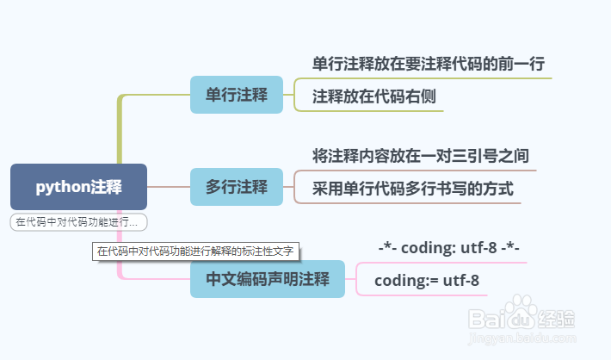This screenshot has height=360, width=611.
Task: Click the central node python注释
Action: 78,186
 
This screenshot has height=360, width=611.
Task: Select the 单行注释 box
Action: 237,95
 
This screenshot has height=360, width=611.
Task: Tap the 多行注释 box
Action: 237,186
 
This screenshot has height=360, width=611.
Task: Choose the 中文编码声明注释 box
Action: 267,279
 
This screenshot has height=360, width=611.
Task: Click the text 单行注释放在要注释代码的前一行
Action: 428,64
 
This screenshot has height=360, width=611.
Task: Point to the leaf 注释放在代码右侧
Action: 373,96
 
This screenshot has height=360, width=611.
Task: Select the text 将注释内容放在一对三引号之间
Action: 420,156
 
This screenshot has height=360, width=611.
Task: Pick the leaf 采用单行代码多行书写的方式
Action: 412,189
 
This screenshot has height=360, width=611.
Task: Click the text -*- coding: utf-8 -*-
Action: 448,248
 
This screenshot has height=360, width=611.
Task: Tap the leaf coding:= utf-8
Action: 427,280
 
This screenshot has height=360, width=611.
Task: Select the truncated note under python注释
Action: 78,222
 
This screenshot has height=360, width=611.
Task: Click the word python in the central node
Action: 62,186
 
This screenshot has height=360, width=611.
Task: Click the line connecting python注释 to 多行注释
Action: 169,186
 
